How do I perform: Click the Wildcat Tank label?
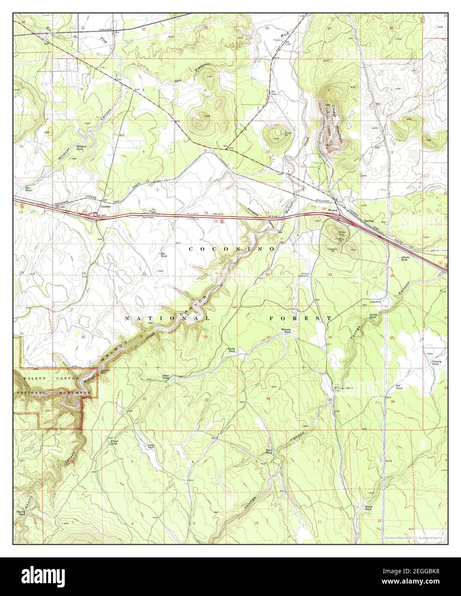point(81,148)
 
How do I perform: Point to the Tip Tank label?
point(28,189)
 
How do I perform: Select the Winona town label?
point(333,211)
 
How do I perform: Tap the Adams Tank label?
point(406,258)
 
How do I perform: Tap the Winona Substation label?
point(304,275)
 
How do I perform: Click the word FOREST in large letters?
point(300,318)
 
